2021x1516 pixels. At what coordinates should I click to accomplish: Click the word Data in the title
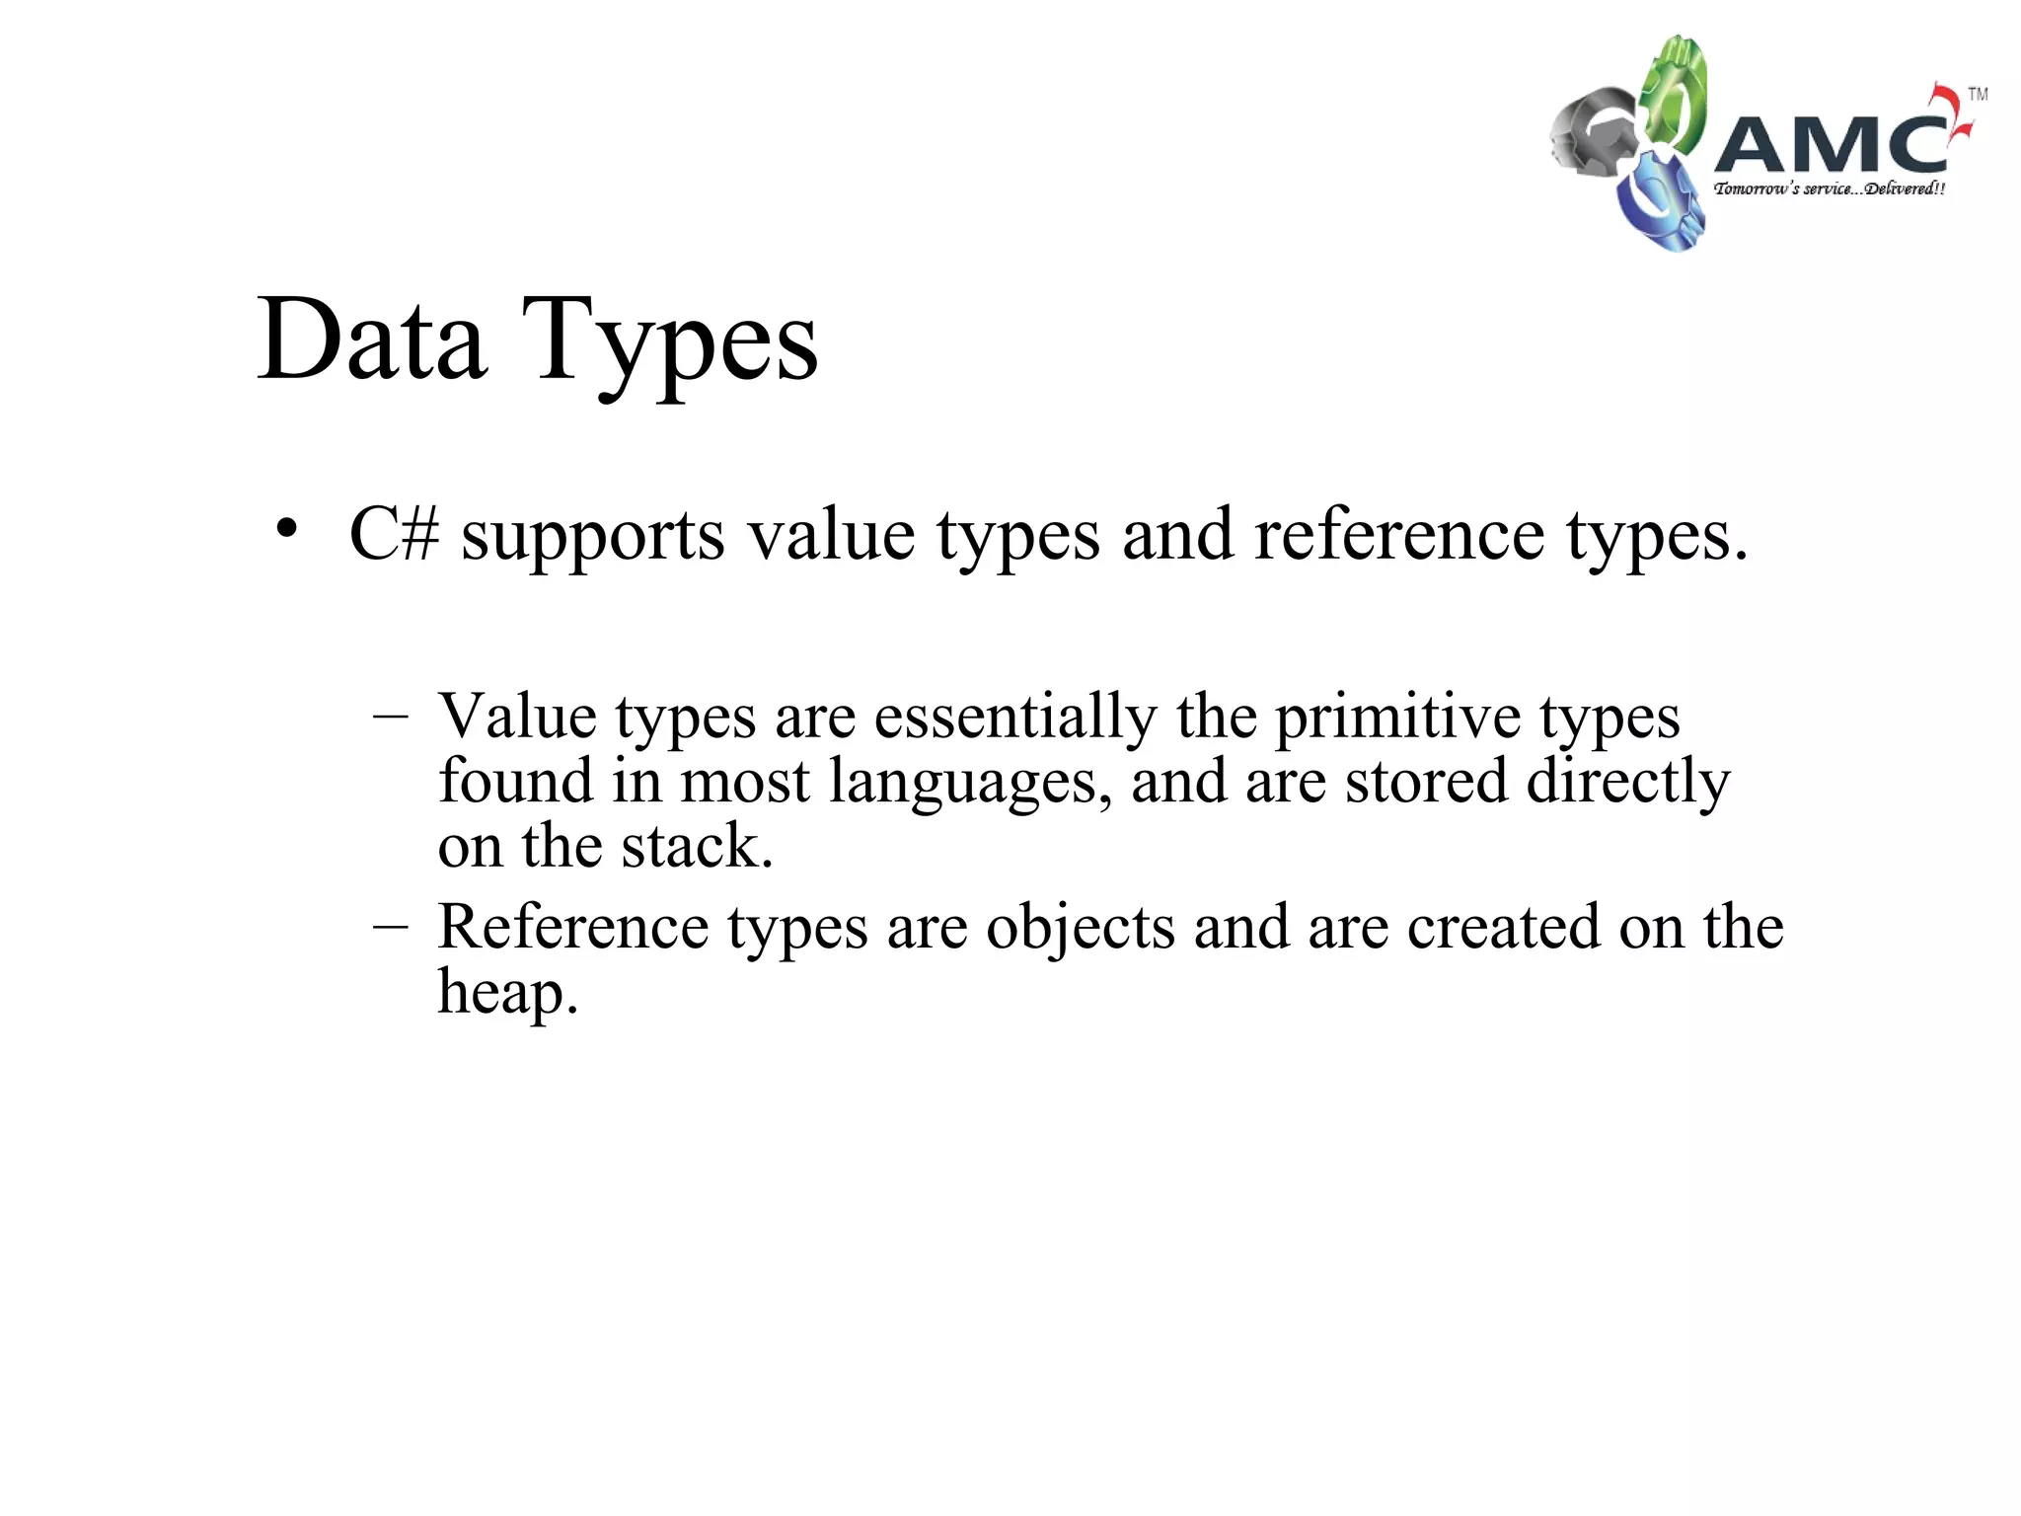point(372,341)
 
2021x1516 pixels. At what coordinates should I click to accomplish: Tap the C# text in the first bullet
point(394,534)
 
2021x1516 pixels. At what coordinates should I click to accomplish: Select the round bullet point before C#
point(286,529)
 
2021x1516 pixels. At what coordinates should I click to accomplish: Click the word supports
point(592,538)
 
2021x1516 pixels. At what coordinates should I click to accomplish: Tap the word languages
point(970,783)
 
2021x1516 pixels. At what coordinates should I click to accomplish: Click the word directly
point(1627,783)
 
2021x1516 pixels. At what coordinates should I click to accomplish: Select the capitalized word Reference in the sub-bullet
point(572,927)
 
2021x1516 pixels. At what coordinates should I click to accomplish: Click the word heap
point(506,992)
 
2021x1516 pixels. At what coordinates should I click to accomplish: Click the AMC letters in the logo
point(1831,144)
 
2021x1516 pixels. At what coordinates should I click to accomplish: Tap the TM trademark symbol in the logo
point(1978,95)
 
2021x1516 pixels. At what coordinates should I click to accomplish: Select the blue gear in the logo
point(1658,202)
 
